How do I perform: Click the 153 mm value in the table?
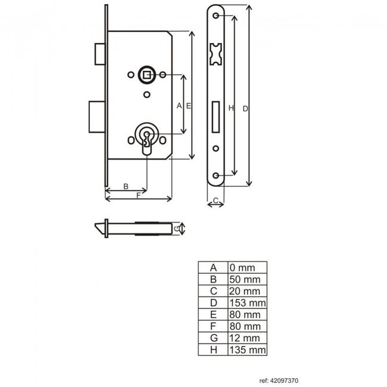click(x=248, y=303)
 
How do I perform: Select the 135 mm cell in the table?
click(x=248, y=349)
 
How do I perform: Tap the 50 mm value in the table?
click(x=245, y=279)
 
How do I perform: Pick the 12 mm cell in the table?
click(x=245, y=338)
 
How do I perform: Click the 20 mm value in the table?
click(x=245, y=291)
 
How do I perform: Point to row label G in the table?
click(x=214, y=338)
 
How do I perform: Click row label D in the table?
click(x=214, y=303)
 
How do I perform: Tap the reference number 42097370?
click(x=284, y=380)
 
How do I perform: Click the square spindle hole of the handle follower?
click(x=147, y=74)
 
